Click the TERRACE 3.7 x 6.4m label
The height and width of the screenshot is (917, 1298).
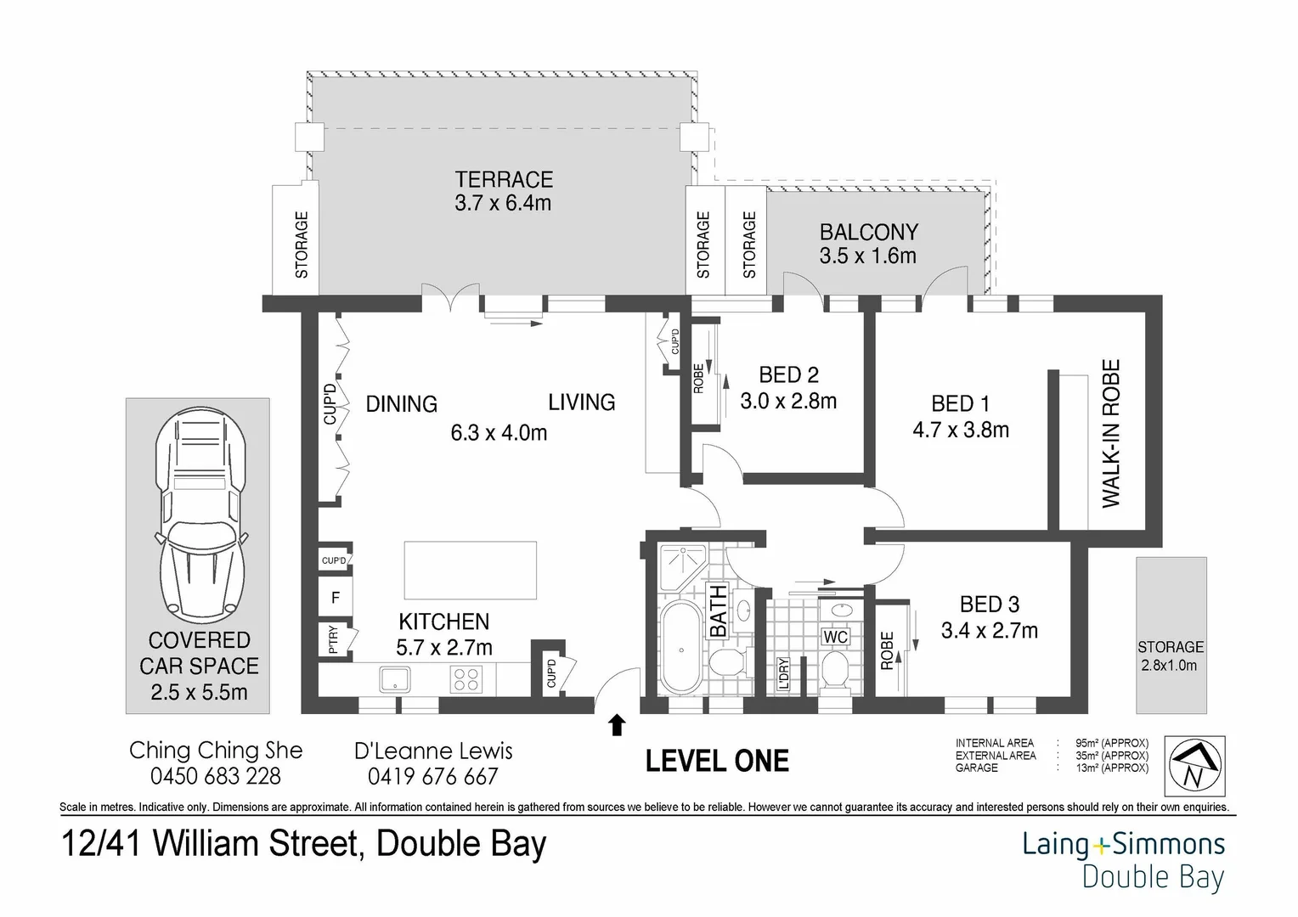503,191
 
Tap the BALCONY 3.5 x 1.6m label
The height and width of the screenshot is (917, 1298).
867,244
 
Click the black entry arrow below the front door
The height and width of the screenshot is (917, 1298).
618,724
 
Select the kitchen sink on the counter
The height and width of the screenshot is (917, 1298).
395,678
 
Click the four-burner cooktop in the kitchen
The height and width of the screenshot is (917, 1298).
466,678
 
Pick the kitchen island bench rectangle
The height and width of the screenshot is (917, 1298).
471,571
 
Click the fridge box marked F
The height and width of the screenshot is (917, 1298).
335,598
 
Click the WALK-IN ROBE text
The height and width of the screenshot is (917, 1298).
1111,434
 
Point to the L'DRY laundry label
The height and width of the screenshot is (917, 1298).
783,673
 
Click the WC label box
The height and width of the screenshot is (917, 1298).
835,637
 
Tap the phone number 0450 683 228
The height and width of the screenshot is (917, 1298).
216,776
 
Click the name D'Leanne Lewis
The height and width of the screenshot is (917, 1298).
433,751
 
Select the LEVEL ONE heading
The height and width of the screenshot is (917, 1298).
717,761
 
